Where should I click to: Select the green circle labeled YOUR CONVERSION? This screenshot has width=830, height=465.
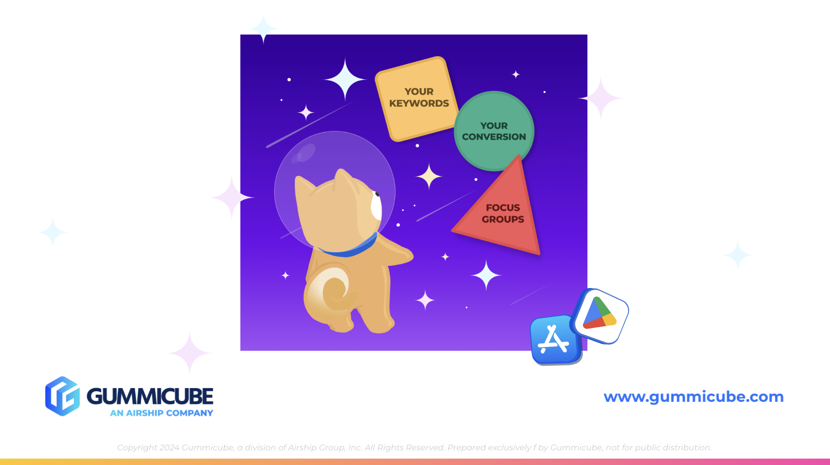494,131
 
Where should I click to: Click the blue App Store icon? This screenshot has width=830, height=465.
554,339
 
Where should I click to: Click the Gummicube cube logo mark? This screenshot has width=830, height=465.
62,396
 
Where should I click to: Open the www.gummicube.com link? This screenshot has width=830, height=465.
693,397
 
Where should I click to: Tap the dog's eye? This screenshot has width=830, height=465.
377,194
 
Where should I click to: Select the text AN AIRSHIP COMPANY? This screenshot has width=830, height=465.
162,413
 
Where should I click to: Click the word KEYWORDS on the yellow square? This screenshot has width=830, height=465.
419,104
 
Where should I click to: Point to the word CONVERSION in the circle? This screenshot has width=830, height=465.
494,137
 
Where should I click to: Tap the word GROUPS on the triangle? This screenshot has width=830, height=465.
503,219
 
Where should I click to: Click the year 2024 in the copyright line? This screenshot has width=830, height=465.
169,448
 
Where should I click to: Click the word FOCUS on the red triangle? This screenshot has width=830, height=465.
503,208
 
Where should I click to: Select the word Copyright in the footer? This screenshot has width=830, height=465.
137,448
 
